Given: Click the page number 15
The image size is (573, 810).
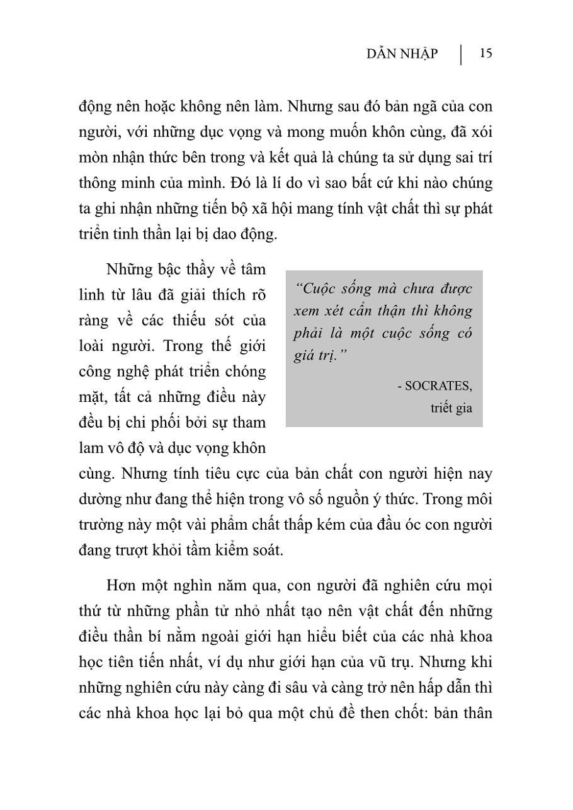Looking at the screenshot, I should coord(485,54).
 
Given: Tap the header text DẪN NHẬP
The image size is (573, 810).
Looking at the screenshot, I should coord(402,54).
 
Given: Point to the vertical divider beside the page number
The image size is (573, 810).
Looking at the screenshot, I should coord(461,54).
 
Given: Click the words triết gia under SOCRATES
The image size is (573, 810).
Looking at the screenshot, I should coord(451,408).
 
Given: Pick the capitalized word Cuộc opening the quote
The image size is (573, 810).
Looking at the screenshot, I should coord(317,288).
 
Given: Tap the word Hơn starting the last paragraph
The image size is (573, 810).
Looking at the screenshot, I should coord(122,585).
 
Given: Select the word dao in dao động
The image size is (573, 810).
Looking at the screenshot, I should coord(218,234).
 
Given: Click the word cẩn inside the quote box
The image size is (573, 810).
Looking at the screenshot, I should coord(371,311).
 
